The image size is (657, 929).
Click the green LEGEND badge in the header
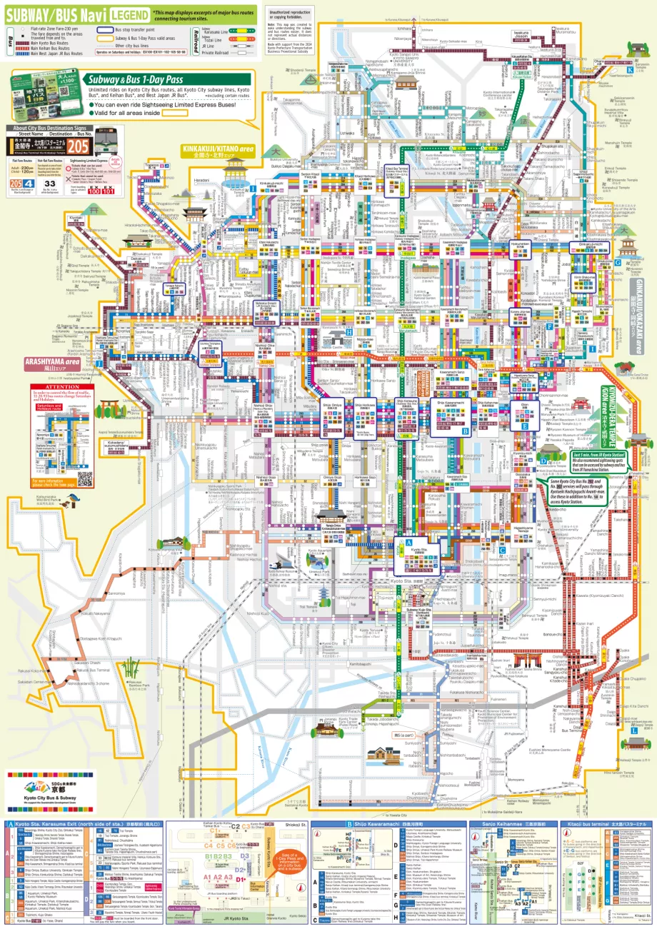click(131, 14)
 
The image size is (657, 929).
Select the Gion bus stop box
click(524, 411)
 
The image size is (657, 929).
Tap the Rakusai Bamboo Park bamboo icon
click(131, 668)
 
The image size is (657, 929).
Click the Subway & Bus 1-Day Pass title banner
click(167, 81)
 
